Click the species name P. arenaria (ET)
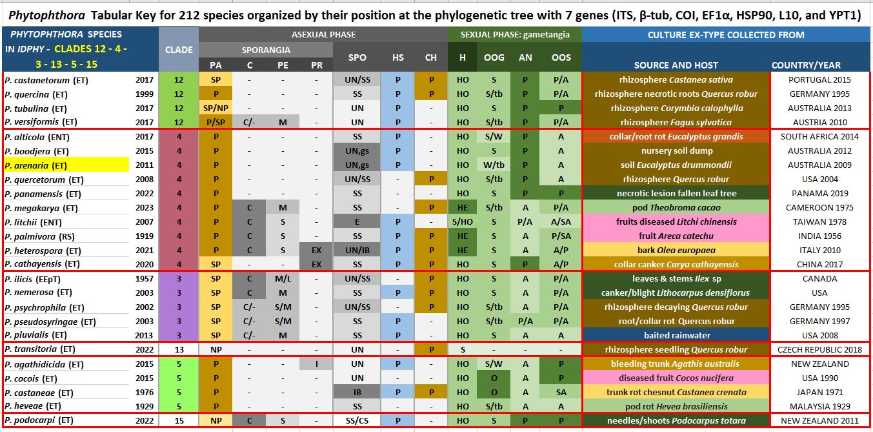36,165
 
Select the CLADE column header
179,49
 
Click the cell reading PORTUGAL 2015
819,80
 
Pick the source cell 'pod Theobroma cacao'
676,208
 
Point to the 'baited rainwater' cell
676,336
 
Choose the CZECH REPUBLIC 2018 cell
819,350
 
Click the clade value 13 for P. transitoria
179,350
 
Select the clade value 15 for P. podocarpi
179,421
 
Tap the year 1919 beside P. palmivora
145,236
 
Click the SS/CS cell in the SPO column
357,421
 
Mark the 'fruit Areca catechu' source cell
676,236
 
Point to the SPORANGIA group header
266,50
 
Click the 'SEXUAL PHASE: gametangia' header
515,35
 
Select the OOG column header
494,57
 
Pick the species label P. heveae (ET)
32,407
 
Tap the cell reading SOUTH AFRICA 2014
819,137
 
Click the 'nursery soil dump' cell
676,151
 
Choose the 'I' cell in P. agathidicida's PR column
316,364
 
